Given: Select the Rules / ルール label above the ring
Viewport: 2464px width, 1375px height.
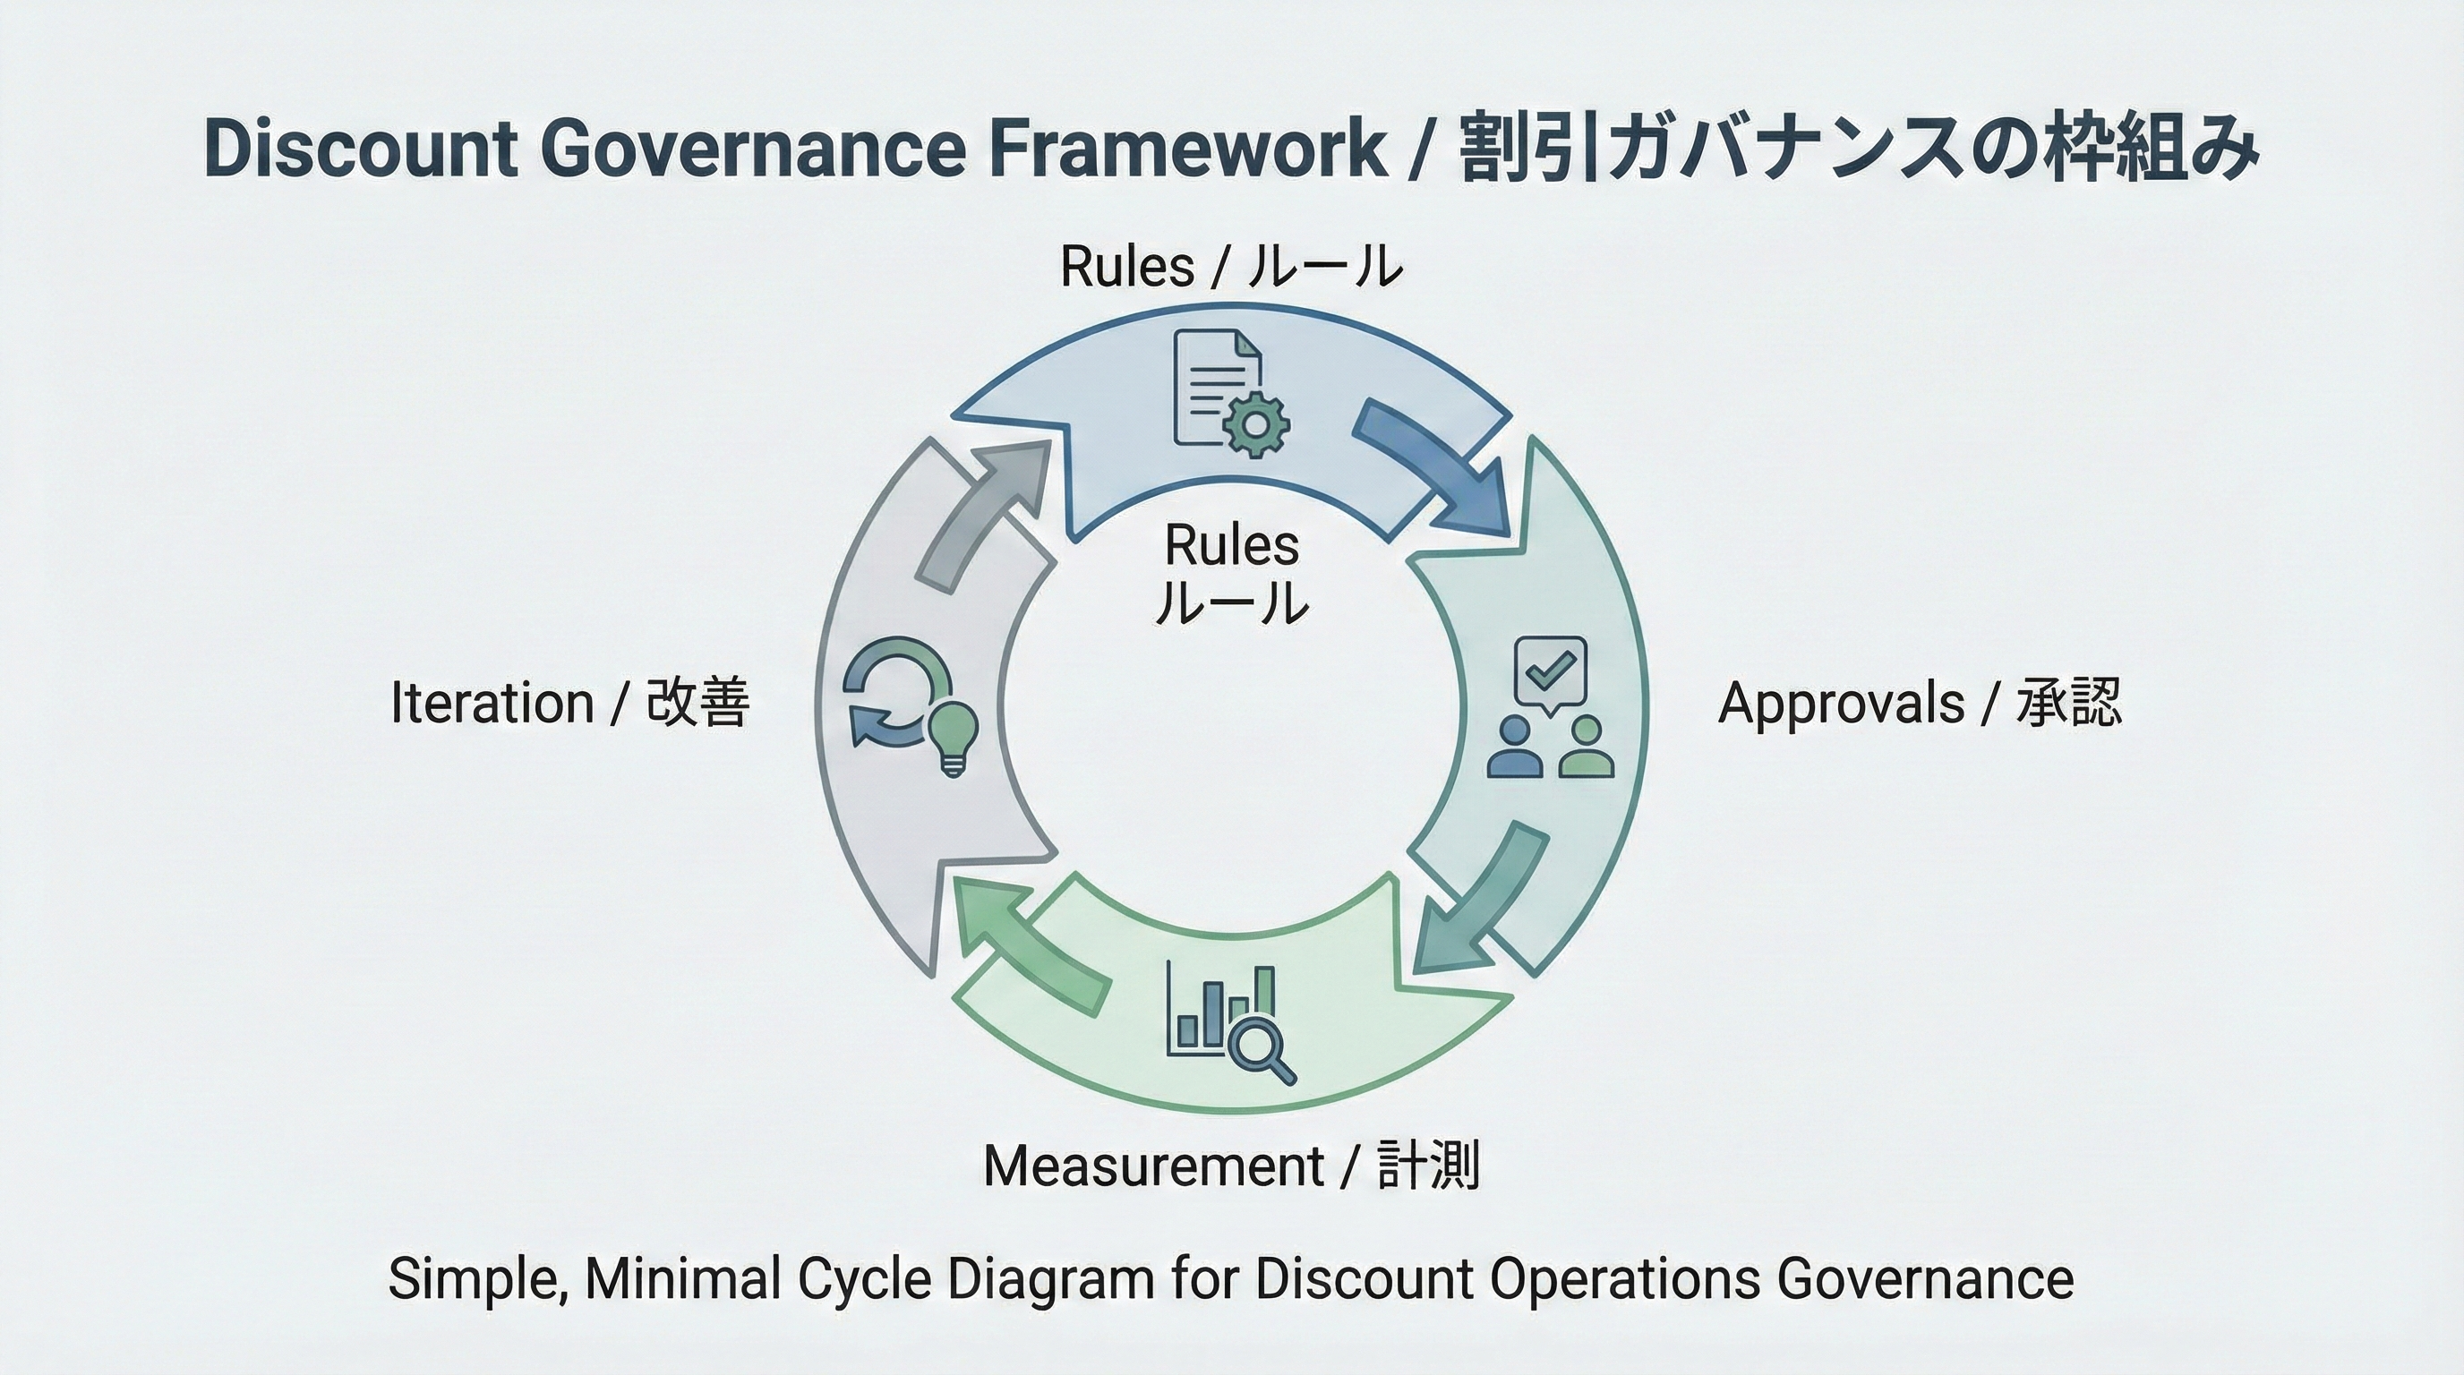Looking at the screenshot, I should (x=1231, y=266).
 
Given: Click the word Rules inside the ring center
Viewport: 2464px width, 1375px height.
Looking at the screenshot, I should (x=1231, y=546).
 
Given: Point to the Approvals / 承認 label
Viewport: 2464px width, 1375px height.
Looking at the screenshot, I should (x=1919, y=703).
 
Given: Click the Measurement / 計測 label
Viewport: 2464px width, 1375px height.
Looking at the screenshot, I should (x=1231, y=1166).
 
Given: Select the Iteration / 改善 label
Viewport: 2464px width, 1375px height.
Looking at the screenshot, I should (x=570, y=703).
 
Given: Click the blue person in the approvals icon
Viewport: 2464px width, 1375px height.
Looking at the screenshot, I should (x=1515, y=747).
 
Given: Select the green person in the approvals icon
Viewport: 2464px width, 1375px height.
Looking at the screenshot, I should (x=1586, y=747).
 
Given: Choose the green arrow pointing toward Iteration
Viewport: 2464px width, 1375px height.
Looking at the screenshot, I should (x=1028, y=942).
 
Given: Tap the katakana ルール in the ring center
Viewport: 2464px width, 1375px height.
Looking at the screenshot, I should (x=1231, y=602).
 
